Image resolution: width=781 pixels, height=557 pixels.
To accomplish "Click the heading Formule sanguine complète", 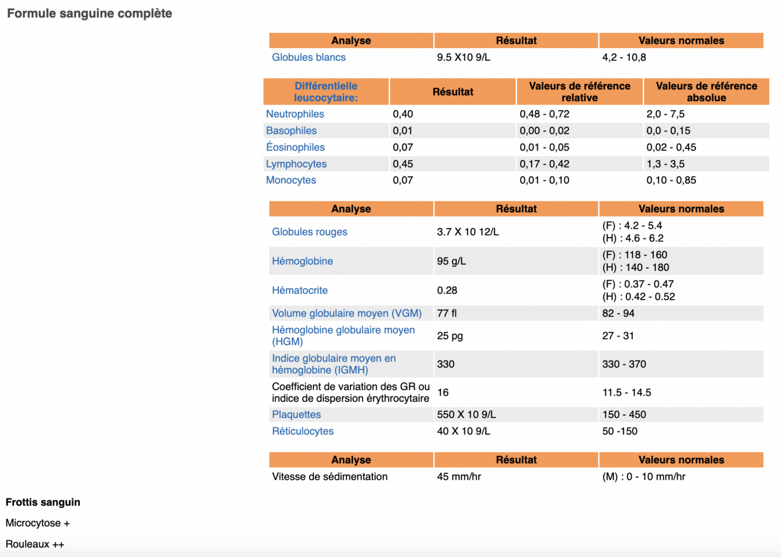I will [90, 13].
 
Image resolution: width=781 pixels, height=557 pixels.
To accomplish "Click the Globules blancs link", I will [309, 57].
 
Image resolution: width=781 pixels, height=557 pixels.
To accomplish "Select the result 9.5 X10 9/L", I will [463, 57].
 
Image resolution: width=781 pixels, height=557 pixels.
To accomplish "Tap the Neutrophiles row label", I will [294, 114].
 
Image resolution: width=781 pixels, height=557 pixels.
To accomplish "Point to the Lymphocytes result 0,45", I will [403, 164].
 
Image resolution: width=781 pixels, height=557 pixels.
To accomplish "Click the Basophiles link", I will [291, 130].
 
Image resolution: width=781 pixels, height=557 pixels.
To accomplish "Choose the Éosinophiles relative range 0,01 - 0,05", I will [544, 147].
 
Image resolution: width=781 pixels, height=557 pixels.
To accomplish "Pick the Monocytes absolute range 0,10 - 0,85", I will [671, 180].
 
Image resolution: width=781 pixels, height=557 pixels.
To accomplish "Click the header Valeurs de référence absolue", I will [706, 92].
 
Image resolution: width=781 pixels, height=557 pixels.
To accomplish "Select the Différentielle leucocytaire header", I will [326, 92].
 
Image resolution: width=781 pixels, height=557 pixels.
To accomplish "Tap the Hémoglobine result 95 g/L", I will [451, 261].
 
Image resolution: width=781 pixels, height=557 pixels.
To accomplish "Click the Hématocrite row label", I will [300, 290].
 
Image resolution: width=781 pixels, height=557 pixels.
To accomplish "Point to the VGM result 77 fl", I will [447, 313].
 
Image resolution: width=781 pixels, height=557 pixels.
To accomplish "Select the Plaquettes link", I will [296, 414].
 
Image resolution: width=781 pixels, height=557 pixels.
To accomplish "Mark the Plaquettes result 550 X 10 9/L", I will [466, 414].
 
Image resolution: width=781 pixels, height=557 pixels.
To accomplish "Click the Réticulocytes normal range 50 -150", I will [619, 431].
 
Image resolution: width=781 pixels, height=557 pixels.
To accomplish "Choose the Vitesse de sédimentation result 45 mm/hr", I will [459, 476].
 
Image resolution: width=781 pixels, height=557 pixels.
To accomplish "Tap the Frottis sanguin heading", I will [43, 502].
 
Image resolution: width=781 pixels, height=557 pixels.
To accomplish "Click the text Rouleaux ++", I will [35, 544].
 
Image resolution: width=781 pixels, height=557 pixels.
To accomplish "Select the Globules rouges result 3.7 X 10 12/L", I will [468, 232].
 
